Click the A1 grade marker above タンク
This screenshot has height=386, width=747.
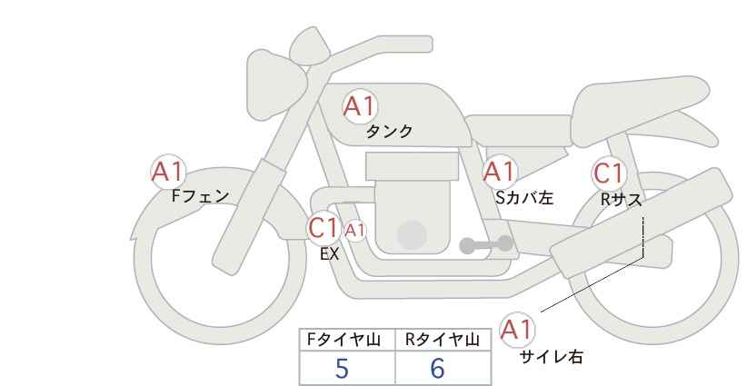pos(360,106)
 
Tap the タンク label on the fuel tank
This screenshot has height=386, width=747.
pos(389,132)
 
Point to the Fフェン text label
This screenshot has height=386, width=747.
pos(200,196)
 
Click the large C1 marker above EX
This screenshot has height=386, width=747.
pos(323,228)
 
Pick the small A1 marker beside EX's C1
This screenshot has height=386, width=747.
pos(355,231)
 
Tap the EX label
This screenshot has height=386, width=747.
pos(329,254)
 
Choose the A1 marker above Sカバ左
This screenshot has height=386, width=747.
pos(499,172)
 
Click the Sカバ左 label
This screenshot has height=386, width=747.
pos(524,197)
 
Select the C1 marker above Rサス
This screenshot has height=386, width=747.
pos(608,173)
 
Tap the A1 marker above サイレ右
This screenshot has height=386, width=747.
pos(517,330)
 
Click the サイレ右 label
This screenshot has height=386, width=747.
pos(552,356)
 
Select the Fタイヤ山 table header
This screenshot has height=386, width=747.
pos(344,340)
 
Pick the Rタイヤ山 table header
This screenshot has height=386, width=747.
pos(443,340)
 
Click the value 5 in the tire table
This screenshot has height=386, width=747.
pos(342,369)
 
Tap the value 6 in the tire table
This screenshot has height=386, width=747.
pos(437,369)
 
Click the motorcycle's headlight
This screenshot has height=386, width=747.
pos(276,85)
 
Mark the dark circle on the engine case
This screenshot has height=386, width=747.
pos(412,235)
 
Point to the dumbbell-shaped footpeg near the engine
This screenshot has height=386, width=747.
pos(486,244)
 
